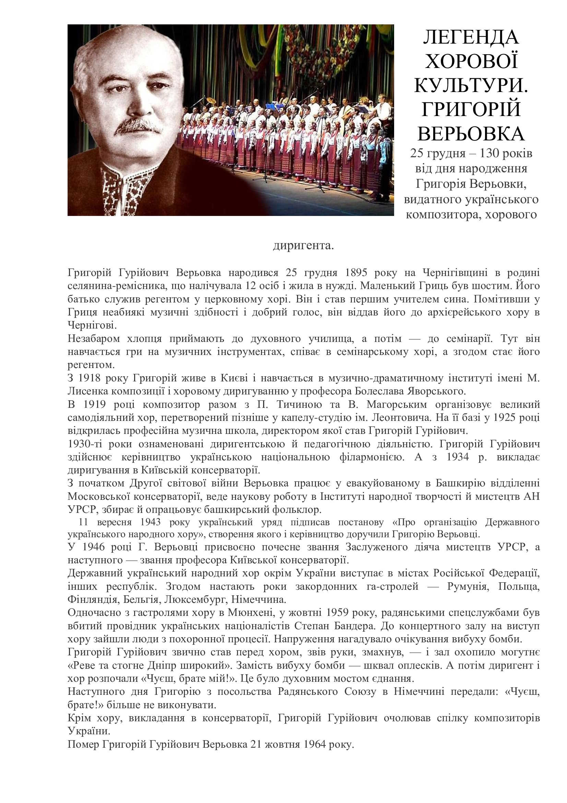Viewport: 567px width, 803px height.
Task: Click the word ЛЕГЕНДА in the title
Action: [471, 37]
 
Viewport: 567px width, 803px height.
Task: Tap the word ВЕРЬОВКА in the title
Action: [471, 134]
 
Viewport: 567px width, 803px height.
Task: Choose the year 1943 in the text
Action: [150, 522]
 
